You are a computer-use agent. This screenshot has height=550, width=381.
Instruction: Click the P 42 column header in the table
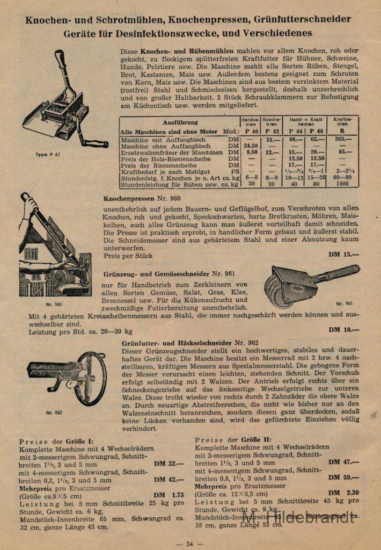tap(273, 131)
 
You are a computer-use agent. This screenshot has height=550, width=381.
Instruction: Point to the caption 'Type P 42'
tap(49, 154)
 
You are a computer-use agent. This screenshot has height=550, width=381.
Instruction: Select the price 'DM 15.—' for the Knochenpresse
tap(344, 254)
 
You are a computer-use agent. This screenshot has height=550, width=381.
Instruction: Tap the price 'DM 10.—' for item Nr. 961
tap(344, 330)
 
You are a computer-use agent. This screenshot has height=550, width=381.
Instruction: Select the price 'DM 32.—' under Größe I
tap(169, 463)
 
